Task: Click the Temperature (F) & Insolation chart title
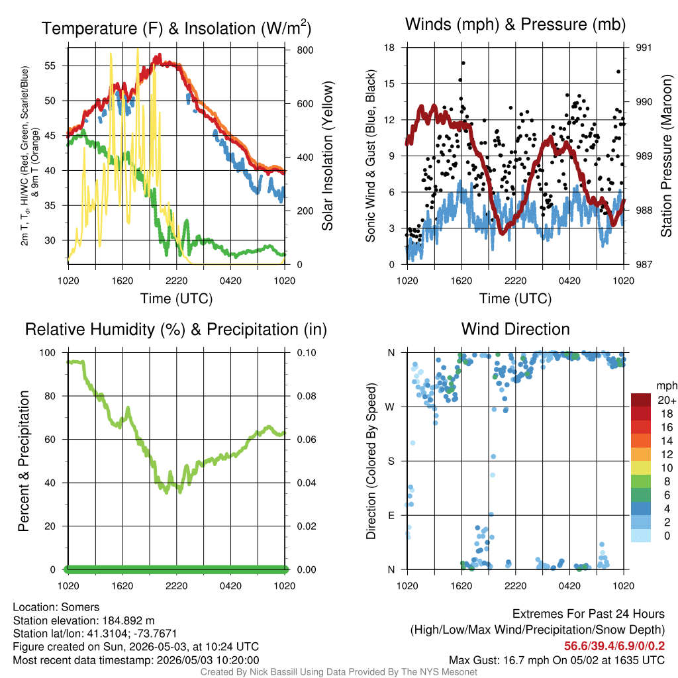(176, 28)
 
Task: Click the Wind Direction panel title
(515, 329)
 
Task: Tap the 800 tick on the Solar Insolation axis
(305, 50)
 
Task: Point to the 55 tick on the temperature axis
(50, 66)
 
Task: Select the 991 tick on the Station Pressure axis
(644, 48)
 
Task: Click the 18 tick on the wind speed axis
(389, 48)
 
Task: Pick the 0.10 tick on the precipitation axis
(307, 353)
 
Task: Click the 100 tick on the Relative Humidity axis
(48, 353)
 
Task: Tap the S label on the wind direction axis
(391, 461)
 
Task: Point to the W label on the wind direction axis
(390, 407)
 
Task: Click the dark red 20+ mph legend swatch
(641, 400)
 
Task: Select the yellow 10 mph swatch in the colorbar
(641, 468)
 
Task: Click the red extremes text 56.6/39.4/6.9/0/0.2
(614, 646)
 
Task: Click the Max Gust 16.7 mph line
(557, 660)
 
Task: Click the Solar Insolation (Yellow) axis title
(328, 156)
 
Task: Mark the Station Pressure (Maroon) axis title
(666, 156)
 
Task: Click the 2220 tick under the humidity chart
(176, 586)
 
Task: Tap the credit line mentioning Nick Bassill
(338, 672)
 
